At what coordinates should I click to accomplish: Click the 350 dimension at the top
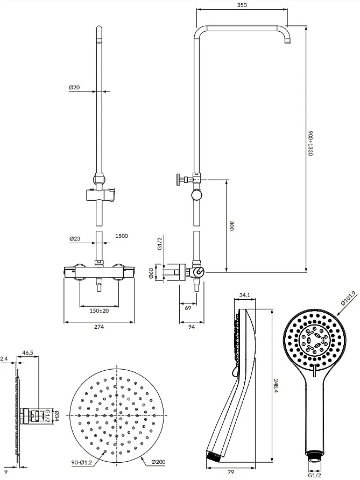coord(242,5)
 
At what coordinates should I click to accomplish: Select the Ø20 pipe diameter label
coord(74,87)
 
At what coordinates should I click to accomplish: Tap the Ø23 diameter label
coord(75,238)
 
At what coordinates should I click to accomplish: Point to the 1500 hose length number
coord(122,236)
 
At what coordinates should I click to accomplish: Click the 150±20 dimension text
coord(99,310)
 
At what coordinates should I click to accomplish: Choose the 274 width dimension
coord(99,327)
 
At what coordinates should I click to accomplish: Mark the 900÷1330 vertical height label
coord(310,144)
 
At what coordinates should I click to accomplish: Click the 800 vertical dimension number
coord(232,226)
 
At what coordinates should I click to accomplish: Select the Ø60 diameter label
coord(151,272)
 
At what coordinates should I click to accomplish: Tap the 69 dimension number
coord(188,308)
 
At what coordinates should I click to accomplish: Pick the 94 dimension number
coord(192,327)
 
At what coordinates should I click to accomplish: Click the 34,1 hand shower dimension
coord(245,295)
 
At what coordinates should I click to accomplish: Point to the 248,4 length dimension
coord(276,385)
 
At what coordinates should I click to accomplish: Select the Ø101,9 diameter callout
coord(344,298)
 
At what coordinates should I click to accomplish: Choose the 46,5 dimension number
coord(27,353)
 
